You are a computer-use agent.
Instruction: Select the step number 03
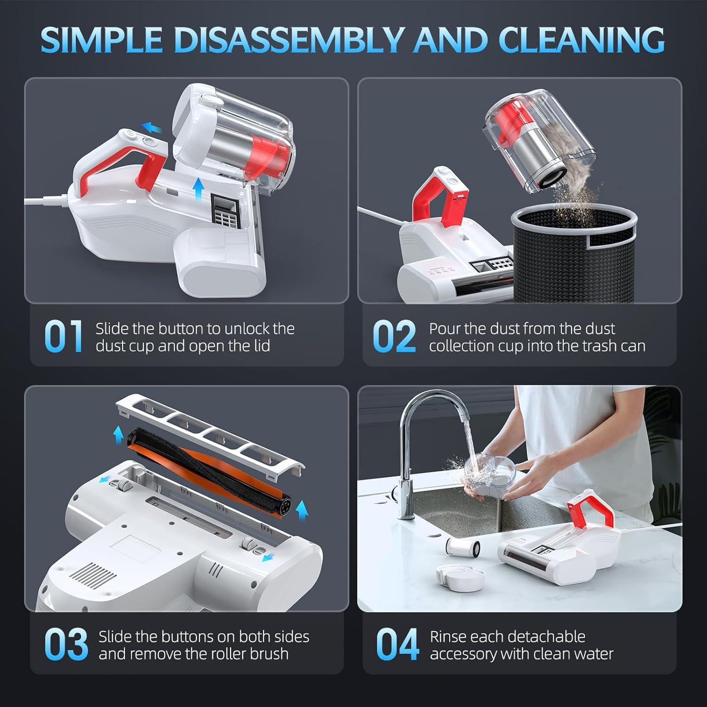[x=66, y=644]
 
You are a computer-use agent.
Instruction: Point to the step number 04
[x=397, y=644]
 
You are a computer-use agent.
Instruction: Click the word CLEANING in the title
[x=582, y=40]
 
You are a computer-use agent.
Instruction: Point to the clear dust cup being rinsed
[x=485, y=471]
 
